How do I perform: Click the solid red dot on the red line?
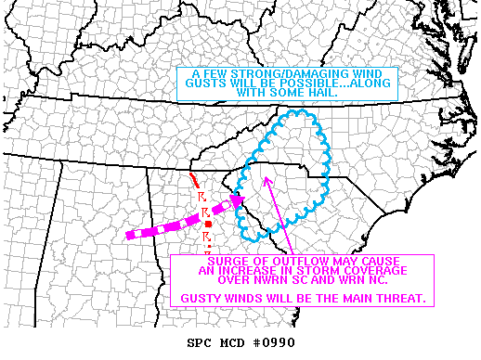click(x=209, y=225)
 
